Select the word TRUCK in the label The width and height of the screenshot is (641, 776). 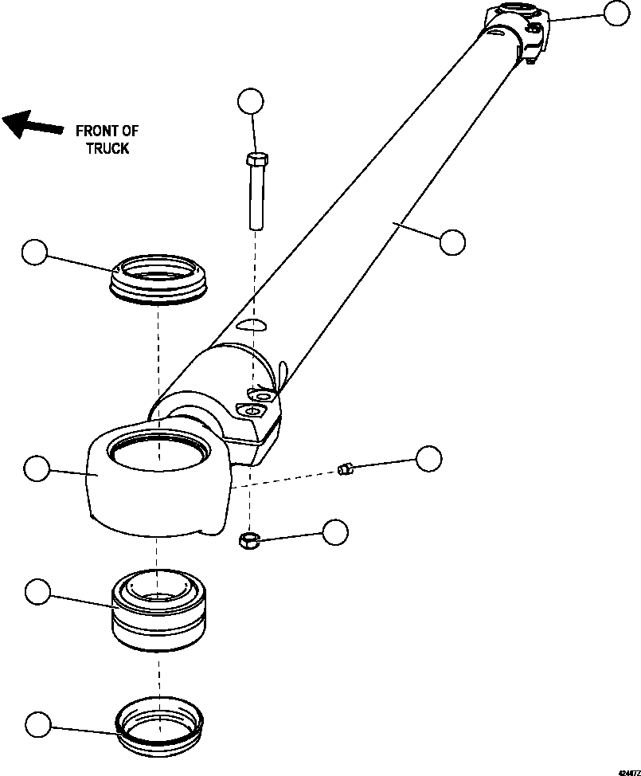[107, 148]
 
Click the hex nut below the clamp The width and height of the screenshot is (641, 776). [248, 542]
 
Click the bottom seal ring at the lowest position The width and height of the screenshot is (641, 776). [158, 723]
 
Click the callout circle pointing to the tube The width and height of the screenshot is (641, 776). [451, 241]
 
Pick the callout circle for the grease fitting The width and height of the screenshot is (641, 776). [429, 458]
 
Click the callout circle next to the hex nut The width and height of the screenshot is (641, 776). [334, 532]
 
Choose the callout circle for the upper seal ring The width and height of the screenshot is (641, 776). [34, 253]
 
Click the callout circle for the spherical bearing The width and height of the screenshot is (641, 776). [37, 592]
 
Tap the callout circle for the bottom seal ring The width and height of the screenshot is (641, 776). [37, 724]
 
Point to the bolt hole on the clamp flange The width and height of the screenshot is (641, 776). [255, 411]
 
